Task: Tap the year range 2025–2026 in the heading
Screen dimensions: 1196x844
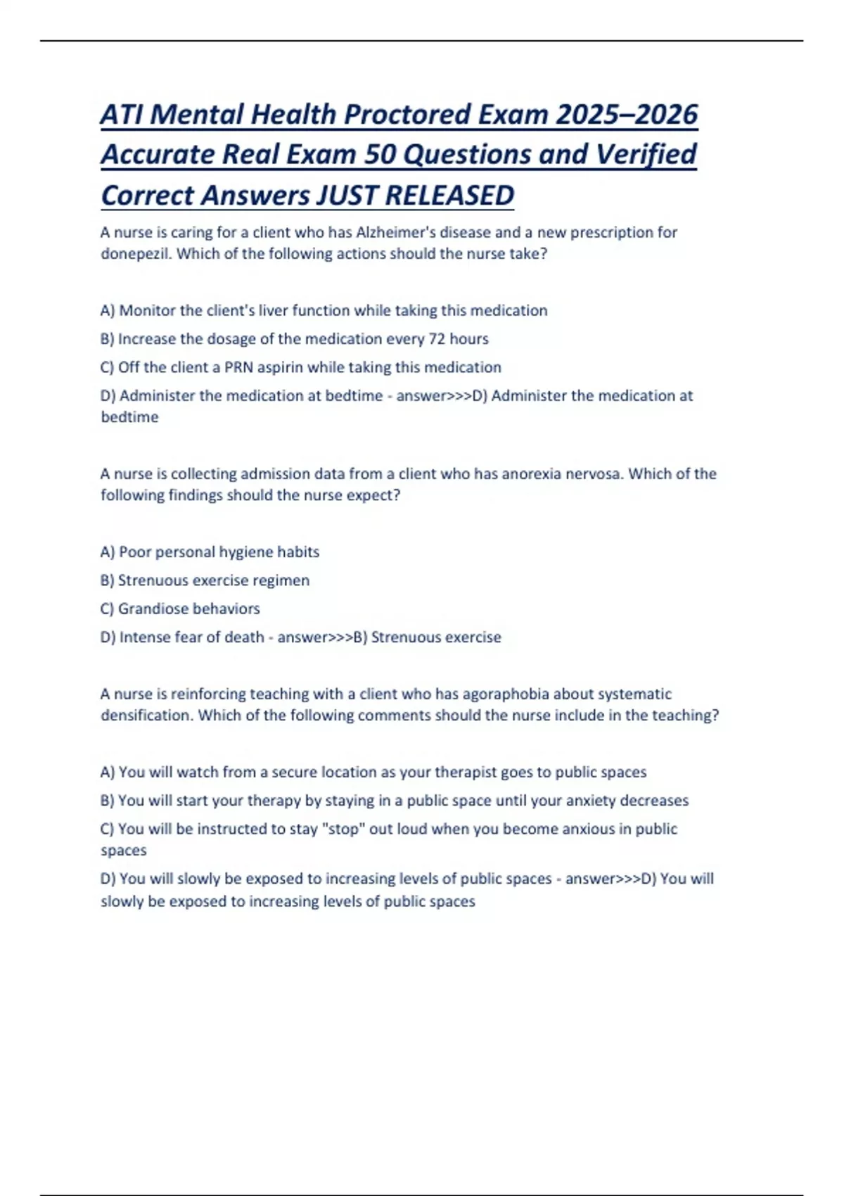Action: pos(627,115)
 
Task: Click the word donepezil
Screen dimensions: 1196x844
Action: pos(136,254)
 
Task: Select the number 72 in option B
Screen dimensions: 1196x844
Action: pos(437,339)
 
